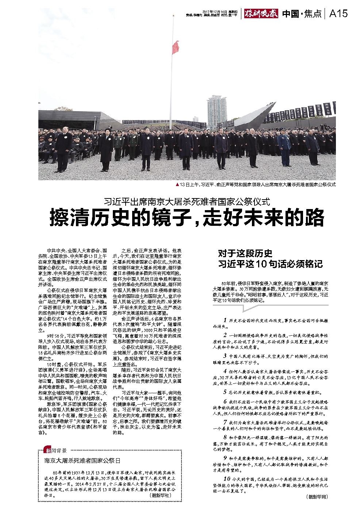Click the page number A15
pos(338,13)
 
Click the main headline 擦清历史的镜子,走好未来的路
pos(187,218)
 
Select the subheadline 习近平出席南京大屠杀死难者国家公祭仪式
pos(187,201)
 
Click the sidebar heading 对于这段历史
pos(245,254)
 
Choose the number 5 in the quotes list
pos(225,392)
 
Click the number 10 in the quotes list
pos(227,478)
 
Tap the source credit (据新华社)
pos(160,496)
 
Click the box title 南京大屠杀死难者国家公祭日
pos(82,461)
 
